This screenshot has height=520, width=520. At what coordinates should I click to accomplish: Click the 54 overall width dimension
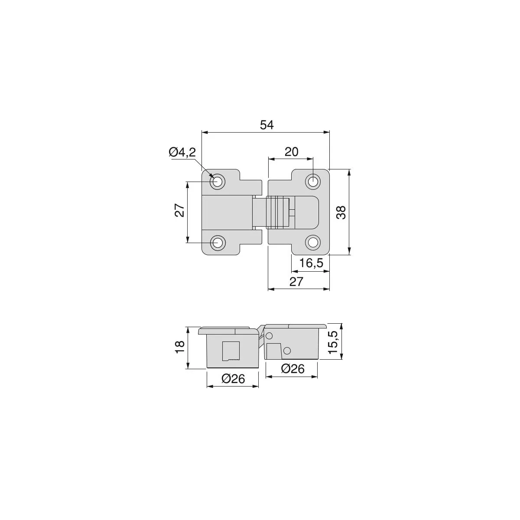[266, 125]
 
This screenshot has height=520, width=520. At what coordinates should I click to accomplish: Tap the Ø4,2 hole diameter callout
[182, 153]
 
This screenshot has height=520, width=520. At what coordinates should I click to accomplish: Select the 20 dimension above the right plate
[292, 152]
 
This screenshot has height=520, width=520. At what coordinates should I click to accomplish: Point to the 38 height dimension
[341, 212]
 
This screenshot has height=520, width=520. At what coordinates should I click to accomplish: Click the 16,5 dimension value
[311, 263]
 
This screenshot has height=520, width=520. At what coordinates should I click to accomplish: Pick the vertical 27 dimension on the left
[180, 211]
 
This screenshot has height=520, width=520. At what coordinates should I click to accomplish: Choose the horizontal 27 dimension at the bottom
[296, 282]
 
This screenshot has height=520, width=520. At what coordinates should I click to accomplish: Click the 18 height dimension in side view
[180, 347]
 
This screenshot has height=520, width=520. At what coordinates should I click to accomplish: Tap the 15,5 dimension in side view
[334, 342]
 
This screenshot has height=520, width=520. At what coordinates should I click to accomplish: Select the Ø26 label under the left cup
[233, 379]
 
